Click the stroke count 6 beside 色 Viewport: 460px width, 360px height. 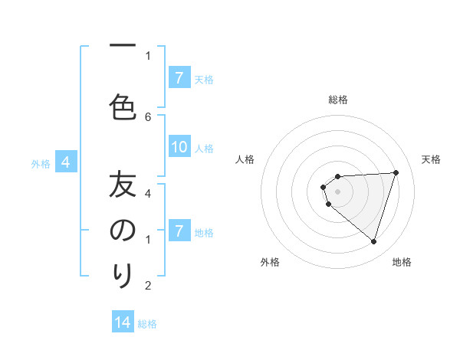point(148,116)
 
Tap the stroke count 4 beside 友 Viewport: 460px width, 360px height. point(148,194)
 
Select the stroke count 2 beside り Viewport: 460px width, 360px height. point(148,286)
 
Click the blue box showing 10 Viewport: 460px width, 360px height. point(179,147)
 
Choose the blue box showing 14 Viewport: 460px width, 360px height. point(123,322)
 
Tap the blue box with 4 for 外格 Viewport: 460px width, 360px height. point(66,162)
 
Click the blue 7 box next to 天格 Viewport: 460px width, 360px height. point(179,78)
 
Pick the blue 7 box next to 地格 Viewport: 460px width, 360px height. point(179,231)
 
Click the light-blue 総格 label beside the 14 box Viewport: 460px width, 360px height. point(147,324)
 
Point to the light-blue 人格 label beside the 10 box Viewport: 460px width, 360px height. point(204,149)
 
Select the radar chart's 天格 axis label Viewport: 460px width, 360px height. point(432,159)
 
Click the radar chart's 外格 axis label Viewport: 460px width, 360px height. point(270,262)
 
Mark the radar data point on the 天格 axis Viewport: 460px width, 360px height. point(396,172)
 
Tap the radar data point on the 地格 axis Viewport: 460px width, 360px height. point(373,241)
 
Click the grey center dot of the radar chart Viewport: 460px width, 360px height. point(337,191)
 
